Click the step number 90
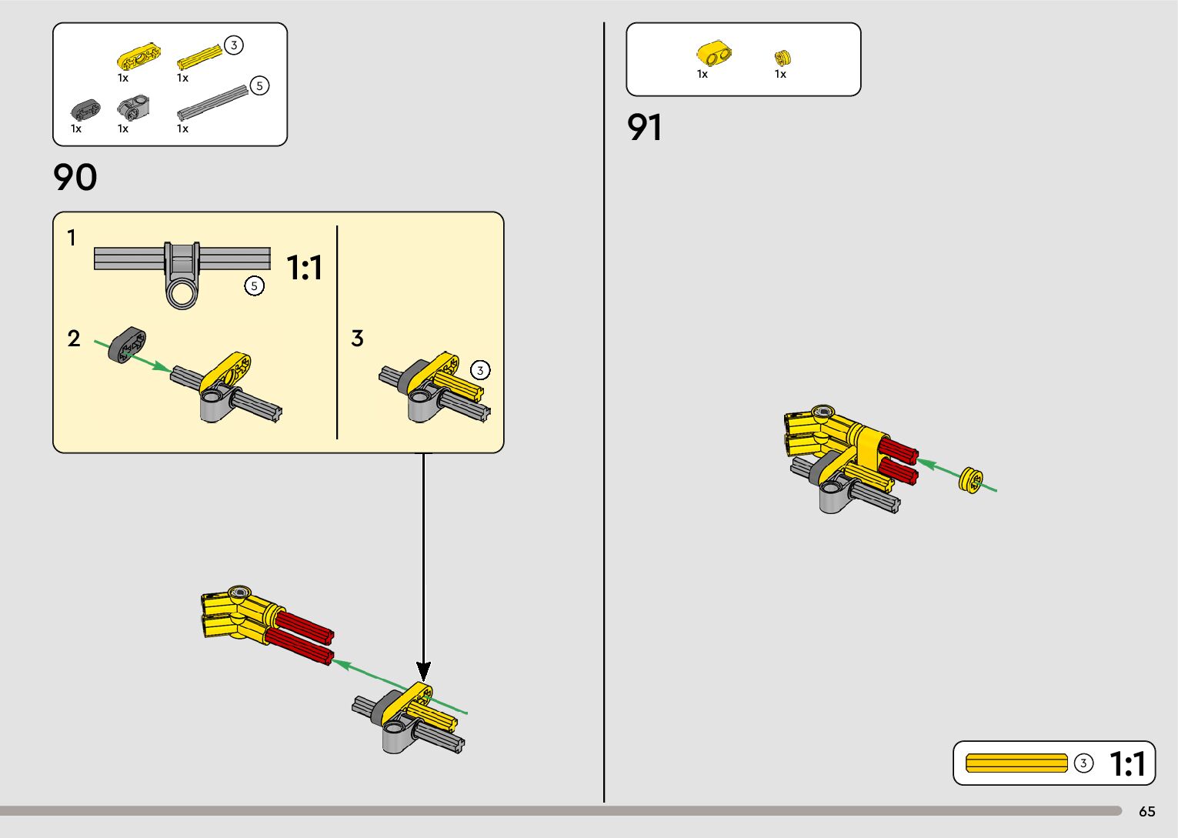75,178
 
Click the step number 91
645,128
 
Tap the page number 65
1146,812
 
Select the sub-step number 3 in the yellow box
357,339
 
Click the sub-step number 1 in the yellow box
72,238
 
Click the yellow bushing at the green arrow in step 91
971,480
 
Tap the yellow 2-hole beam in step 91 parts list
714,54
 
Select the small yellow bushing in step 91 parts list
783,57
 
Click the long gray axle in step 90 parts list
212,102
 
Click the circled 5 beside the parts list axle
260,85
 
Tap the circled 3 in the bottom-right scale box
1083,763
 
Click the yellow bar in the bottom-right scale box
1016,763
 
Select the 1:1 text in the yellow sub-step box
305,268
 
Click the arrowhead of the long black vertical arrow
423,670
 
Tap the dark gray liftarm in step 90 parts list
85,109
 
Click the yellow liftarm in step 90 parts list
138,57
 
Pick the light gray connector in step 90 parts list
134,108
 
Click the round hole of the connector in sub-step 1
183,292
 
